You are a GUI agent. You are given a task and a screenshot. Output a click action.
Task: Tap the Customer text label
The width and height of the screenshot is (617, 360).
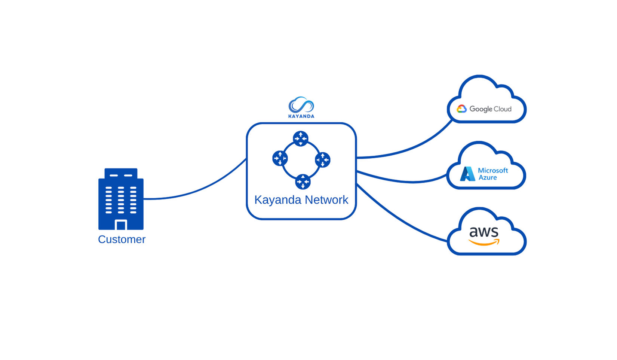pos(122,240)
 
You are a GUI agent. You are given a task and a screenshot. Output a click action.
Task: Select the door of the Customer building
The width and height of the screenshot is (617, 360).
pos(121,225)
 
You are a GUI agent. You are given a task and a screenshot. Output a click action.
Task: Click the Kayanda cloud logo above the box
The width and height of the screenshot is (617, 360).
pos(301,105)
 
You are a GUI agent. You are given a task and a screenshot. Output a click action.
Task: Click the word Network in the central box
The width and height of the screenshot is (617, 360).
pos(326,200)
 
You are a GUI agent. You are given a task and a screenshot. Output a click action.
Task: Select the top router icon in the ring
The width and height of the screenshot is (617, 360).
pos(301,138)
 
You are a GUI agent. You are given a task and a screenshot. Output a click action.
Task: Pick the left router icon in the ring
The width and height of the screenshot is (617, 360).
pos(280,158)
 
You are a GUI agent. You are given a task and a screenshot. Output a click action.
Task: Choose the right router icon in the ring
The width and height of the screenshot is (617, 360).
pos(323,160)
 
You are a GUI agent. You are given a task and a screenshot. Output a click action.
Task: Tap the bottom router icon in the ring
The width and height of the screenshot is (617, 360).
pos(303,182)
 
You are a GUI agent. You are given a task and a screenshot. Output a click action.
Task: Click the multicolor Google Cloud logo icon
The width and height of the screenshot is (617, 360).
pos(462,109)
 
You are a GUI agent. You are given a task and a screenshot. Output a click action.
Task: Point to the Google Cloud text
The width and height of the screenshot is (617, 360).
pos(491,109)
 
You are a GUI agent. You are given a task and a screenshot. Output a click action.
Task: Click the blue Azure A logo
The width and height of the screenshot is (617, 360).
pos(467,174)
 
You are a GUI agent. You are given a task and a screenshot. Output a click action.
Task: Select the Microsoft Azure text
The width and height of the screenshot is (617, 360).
pos(493,174)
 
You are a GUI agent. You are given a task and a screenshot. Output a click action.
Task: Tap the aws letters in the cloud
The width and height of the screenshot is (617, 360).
pos(484,232)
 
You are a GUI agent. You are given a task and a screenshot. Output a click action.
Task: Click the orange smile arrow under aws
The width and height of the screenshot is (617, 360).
pos(484,243)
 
